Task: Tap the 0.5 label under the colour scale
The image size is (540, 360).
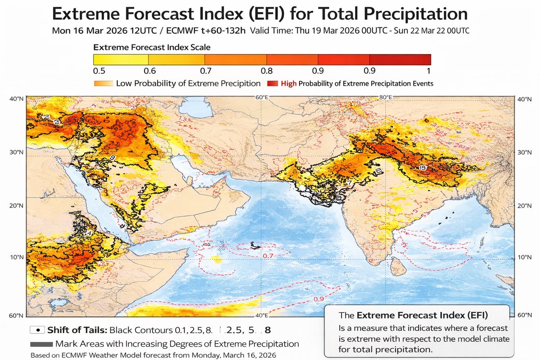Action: (99, 71)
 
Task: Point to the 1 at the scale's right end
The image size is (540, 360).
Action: (428, 71)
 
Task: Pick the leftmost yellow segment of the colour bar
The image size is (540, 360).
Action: (121, 59)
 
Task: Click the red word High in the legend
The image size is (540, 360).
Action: (288, 83)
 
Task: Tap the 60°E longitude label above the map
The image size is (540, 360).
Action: (261, 97)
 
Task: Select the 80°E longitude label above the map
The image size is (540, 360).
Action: (386, 97)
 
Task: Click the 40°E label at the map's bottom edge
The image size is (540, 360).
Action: (261, 315)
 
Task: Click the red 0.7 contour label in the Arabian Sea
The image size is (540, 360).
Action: (268, 256)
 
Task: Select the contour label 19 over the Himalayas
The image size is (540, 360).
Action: (422, 167)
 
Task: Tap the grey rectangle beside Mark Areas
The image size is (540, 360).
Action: (41, 344)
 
